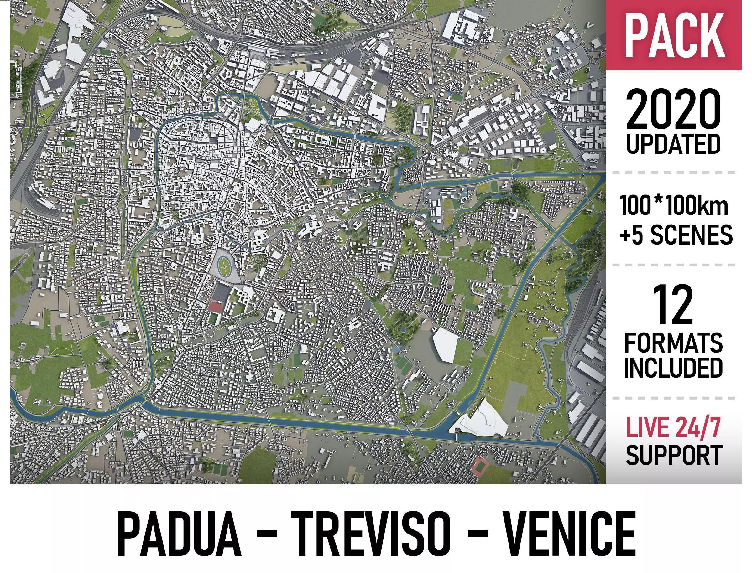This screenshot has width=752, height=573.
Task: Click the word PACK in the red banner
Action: (x=675, y=36)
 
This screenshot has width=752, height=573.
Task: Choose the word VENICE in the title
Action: (x=569, y=534)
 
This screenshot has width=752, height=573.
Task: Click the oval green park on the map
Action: (x=224, y=265)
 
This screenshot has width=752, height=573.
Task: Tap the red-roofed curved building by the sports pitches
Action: (x=215, y=306)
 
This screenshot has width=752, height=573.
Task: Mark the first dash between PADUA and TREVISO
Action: (x=266, y=535)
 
